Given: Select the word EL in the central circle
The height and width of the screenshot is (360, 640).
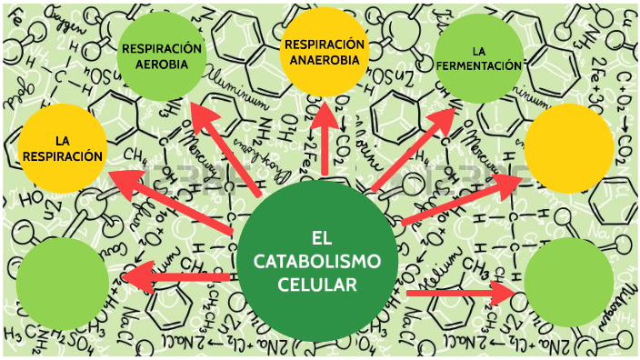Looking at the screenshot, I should [x=317, y=238].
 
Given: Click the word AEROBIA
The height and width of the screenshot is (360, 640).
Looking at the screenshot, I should [x=155, y=65].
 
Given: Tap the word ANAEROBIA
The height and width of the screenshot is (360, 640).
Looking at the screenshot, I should [x=325, y=61].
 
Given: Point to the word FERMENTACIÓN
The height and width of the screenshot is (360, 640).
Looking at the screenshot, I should [x=479, y=65].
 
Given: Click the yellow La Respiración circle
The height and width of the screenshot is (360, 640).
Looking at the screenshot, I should [x=62, y=149].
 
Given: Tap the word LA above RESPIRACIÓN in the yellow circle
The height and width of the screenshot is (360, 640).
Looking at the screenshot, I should [x=62, y=140].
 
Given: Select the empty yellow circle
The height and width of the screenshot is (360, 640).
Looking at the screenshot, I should [x=570, y=148].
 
